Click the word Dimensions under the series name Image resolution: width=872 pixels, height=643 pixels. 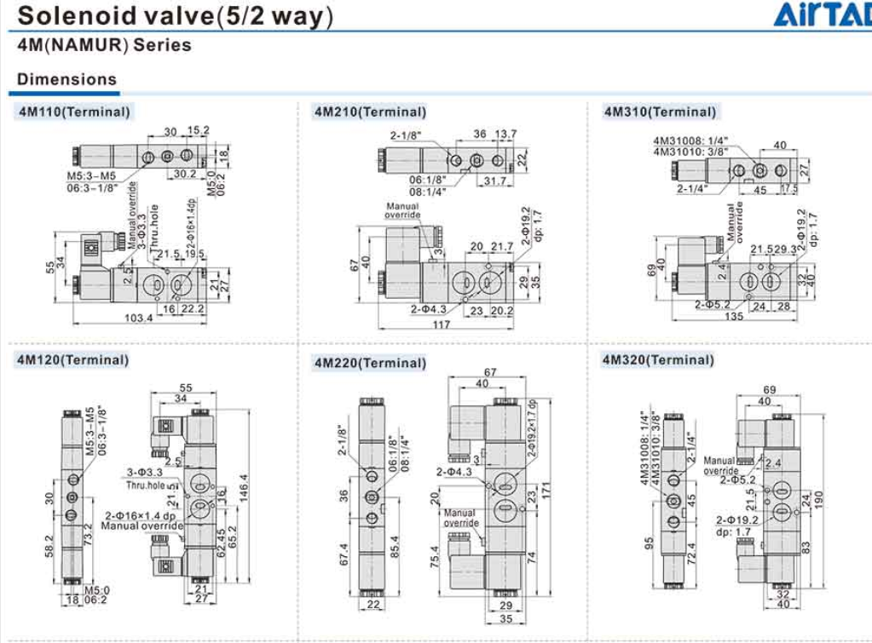pyautogui.click(x=67, y=79)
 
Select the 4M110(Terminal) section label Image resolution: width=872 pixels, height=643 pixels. pyautogui.click(x=75, y=112)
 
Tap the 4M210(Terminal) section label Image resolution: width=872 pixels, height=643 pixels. pyautogui.click(x=370, y=112)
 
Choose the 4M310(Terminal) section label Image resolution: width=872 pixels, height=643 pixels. pyautogui.click(x=660, y=112)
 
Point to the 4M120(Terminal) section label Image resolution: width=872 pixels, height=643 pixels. pyautogui.click(x=73, y=359)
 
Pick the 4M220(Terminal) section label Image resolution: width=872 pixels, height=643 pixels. pyautogui.click(x=370, y=363)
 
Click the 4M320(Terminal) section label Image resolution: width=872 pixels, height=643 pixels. pyautogui.click(x=658, y=359)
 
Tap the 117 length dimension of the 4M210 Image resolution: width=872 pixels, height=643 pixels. pyautogui.click(x=440, y=324)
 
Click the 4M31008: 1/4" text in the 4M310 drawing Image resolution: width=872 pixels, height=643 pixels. pyautogui.click(x=690, y=141)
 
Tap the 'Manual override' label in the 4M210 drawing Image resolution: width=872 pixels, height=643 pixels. pyautogui.click(x=403, y=210)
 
